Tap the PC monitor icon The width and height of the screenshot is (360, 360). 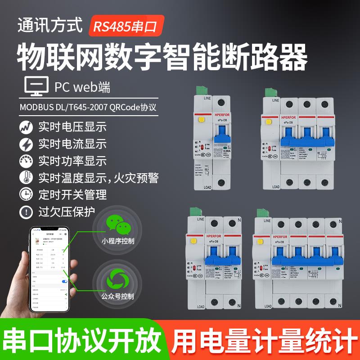(x=35, y=87)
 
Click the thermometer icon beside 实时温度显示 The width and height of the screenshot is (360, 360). (x=26, y=178)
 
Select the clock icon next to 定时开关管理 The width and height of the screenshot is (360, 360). (x=26, y=194)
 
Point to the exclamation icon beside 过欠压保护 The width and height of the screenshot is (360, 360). (x=26, y=211)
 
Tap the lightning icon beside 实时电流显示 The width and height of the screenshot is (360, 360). (x=26, y=144)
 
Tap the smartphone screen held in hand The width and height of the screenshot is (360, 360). (x=49, y=270)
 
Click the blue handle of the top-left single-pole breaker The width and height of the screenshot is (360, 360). (x=221, y=135)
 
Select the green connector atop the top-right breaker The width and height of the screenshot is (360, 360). (x=269, y=90)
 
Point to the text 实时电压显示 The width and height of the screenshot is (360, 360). (x=72, y=127)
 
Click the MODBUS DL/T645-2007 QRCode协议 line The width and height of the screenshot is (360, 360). (x=90, y=108)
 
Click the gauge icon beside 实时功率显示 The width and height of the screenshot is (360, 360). (x=26, y=161)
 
